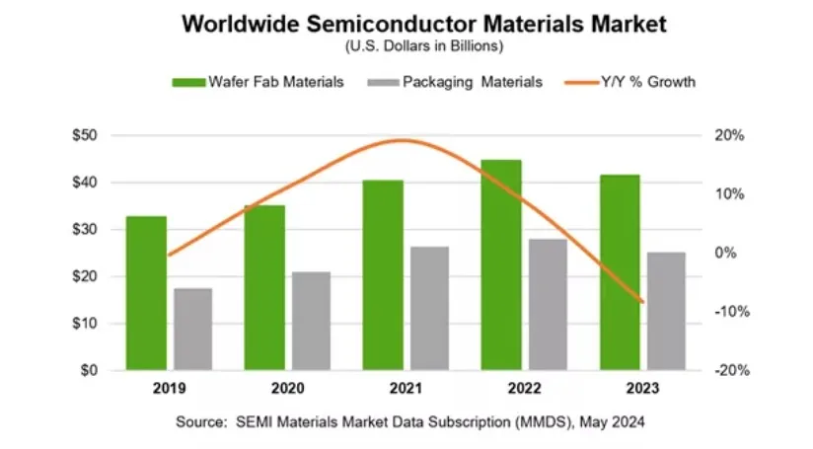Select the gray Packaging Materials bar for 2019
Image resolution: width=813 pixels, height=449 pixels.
[192, 330]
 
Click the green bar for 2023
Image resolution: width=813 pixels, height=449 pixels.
[620, 272]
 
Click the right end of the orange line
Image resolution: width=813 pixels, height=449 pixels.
[643, 302]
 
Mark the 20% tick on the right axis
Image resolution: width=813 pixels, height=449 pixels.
[728, 135]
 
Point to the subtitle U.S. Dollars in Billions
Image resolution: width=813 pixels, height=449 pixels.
[406, 45]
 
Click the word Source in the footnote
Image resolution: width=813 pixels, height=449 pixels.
[199, 422]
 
